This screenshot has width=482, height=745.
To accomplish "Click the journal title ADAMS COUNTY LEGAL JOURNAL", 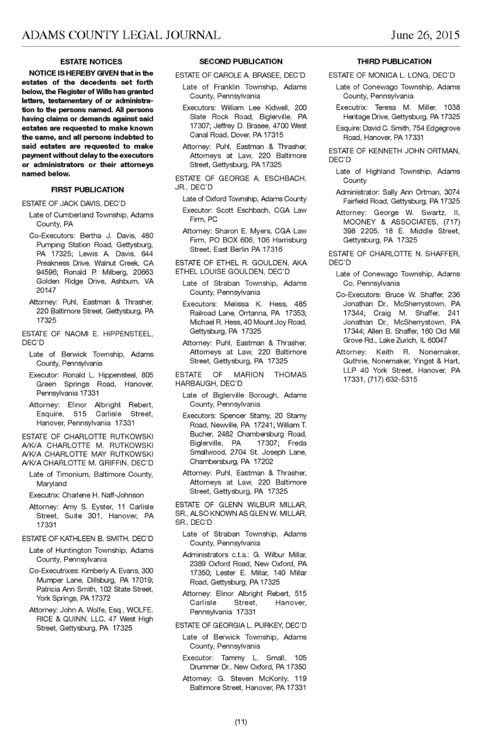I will (x=121, y=35).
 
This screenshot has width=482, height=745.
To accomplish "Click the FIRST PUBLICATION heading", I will (x=88, y=190).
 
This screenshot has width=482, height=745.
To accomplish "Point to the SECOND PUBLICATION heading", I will (x=241, y=61).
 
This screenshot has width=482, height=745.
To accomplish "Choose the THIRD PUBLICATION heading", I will (x=394, y=61).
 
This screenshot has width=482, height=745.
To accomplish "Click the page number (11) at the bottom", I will (x=241, y=722).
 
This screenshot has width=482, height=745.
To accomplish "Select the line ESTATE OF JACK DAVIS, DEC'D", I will (x=74, y=203).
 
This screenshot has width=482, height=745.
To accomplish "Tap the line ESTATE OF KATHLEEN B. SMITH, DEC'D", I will (x=88, y=538).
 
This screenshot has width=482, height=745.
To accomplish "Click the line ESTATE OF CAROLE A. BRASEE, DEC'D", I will (x=240, y=75).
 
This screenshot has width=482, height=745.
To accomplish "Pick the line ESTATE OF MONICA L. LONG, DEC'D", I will (x=392, y=75).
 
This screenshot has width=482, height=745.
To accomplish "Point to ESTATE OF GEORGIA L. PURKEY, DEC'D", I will (x=241, y=625).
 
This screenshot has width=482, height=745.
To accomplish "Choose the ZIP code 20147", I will (x=46, y=290).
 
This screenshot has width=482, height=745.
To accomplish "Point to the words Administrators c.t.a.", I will (x=216, y=554).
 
